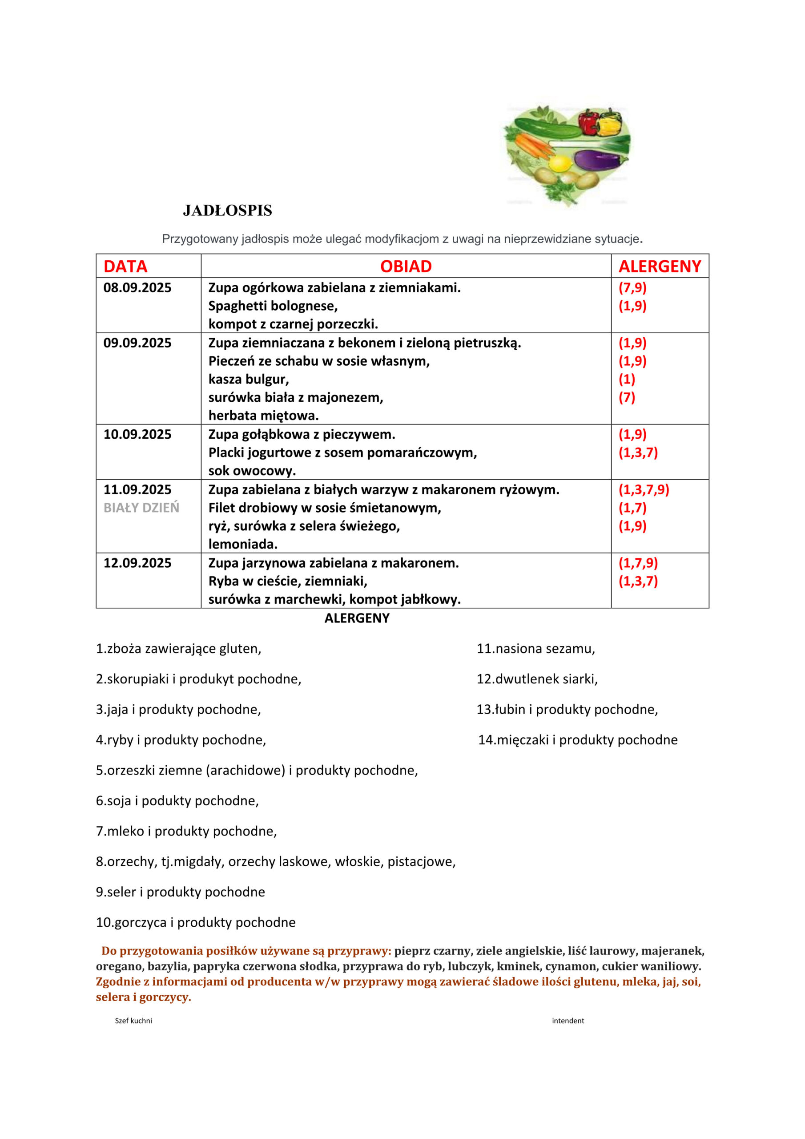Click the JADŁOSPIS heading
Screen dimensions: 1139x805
click(227, 211)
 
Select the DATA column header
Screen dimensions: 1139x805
click(125, 267)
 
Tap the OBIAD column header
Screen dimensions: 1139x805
click(406, 267)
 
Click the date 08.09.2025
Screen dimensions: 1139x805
click(137, 288)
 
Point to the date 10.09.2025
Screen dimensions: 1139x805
click(137, 435)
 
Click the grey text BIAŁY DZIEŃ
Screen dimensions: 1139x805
click(141, 508)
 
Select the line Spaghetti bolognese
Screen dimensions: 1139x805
click(273, 306)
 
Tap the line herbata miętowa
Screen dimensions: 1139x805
click(263, 415)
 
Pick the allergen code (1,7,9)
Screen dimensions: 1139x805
click(638, 563)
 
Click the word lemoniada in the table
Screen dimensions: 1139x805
click(242, 544)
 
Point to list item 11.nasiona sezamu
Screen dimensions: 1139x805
click(535, 649)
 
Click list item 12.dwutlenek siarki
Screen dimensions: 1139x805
click(537, 679)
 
